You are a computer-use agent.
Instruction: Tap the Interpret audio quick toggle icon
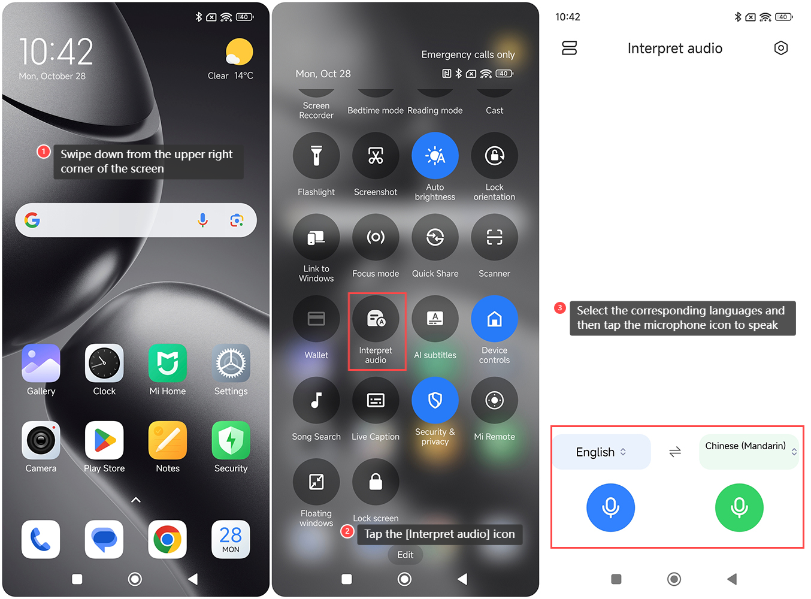pyautogui.click(x=375, y=318)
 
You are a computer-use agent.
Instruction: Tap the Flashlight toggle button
pyautogui.click(x=316, y=155)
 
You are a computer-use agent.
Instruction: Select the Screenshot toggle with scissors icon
pyautogui.click(x=375, y=155)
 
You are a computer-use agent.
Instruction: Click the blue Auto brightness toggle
pyautogui.click(x=435, y=155)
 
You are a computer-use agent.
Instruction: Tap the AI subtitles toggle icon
pyautogui.click(x=435, y=318)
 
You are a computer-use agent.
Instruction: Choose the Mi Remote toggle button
pyautogui.click(x=494, y=400)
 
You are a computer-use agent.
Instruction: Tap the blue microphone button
pyautogui.click(x=610, y=507)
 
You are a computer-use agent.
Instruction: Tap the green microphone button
pyautogui.click(x=739, y=507)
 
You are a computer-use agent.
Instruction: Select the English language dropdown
pyautogui.click(x=601, y=452)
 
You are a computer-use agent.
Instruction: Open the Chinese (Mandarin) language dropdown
pyautogui.click(x=748, y=452)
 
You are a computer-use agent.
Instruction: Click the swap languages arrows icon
pyautogui.click(x=674, y=452)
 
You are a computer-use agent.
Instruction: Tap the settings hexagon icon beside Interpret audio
pyautogui.click(x=780, y=48)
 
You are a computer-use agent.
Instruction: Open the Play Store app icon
pyautogui.click(x=104, y=440)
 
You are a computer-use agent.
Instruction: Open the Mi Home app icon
pyautogui.click(x=168, y=363)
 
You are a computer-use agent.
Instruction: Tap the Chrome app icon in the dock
pyautogui.click(x=168, y=539)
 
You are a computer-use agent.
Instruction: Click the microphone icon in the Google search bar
pyautogui.click(x=202, y=220)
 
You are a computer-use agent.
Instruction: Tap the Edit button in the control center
pyautogui.click(x=405, y=555)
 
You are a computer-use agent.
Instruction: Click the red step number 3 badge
pyautogui.click(x=559, y=307)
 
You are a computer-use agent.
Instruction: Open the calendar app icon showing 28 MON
pyautogui.click(x=231, y=539)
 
